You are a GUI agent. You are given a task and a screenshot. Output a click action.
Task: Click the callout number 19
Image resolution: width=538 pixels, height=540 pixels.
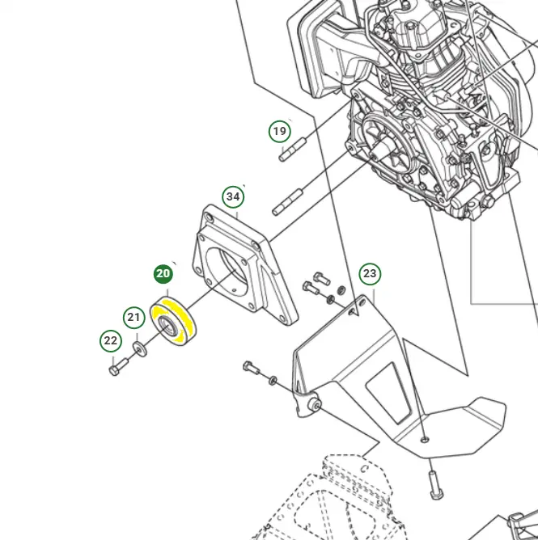point(279,131)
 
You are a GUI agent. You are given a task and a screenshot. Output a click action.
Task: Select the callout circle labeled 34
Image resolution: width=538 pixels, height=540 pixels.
point(233,196)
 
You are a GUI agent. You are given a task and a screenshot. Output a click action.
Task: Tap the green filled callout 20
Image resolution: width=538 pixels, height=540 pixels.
point(163,273)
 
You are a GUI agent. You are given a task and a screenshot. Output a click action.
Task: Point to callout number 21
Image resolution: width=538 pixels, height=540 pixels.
point(133,317)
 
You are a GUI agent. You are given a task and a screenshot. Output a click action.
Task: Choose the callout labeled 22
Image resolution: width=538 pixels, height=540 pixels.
point(110,341)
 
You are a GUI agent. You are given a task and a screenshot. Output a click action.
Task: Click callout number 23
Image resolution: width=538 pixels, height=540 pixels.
point(369,274)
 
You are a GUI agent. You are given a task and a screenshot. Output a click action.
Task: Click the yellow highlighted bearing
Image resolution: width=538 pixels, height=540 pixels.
point(179,322)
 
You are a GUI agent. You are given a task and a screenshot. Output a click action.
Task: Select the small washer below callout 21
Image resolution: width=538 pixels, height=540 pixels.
point(139,348)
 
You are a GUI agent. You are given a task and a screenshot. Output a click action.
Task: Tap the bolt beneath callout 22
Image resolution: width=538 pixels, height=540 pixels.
point(114,370)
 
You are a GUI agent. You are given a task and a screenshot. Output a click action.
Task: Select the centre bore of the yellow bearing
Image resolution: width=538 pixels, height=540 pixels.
point(167,325)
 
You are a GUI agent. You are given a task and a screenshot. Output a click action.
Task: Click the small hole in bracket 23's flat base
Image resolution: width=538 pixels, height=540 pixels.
point(424,441)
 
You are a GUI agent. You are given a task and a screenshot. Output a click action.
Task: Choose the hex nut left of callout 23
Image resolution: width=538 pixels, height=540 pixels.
point(341,289)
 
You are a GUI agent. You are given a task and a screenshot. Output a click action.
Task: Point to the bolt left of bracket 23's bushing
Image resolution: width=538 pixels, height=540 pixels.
point(252,369)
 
